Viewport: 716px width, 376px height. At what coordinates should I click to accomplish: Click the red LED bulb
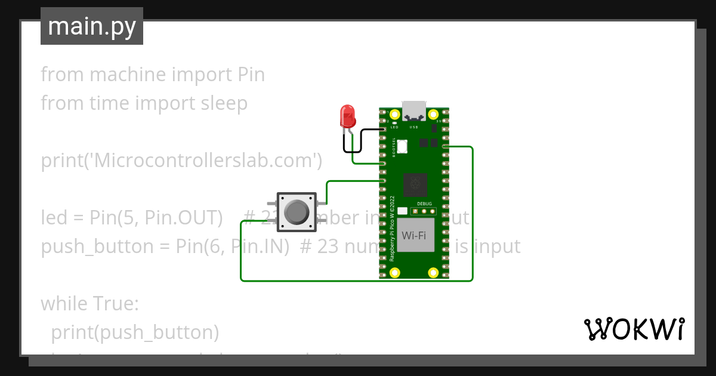click(x=347, y=115)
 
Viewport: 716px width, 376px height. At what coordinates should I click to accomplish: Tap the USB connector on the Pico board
click(x=413, y=111)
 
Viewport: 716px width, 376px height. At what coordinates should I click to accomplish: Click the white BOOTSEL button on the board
click(x=403, y=145)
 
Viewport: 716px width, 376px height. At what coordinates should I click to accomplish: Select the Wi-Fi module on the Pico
click(x=413, y=235)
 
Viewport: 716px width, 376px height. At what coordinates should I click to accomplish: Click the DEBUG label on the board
click(x=424, y=204)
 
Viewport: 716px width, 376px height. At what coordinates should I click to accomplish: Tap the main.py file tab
click(x=92, y=26)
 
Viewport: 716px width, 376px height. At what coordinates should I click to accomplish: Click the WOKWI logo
click(x=634, y=329)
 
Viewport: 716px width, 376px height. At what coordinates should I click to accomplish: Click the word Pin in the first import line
click(x=251, y=75)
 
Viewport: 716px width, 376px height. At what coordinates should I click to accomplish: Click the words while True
click(x=89, y=304)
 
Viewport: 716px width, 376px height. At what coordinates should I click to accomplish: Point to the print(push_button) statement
click(x=135, y=332)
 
